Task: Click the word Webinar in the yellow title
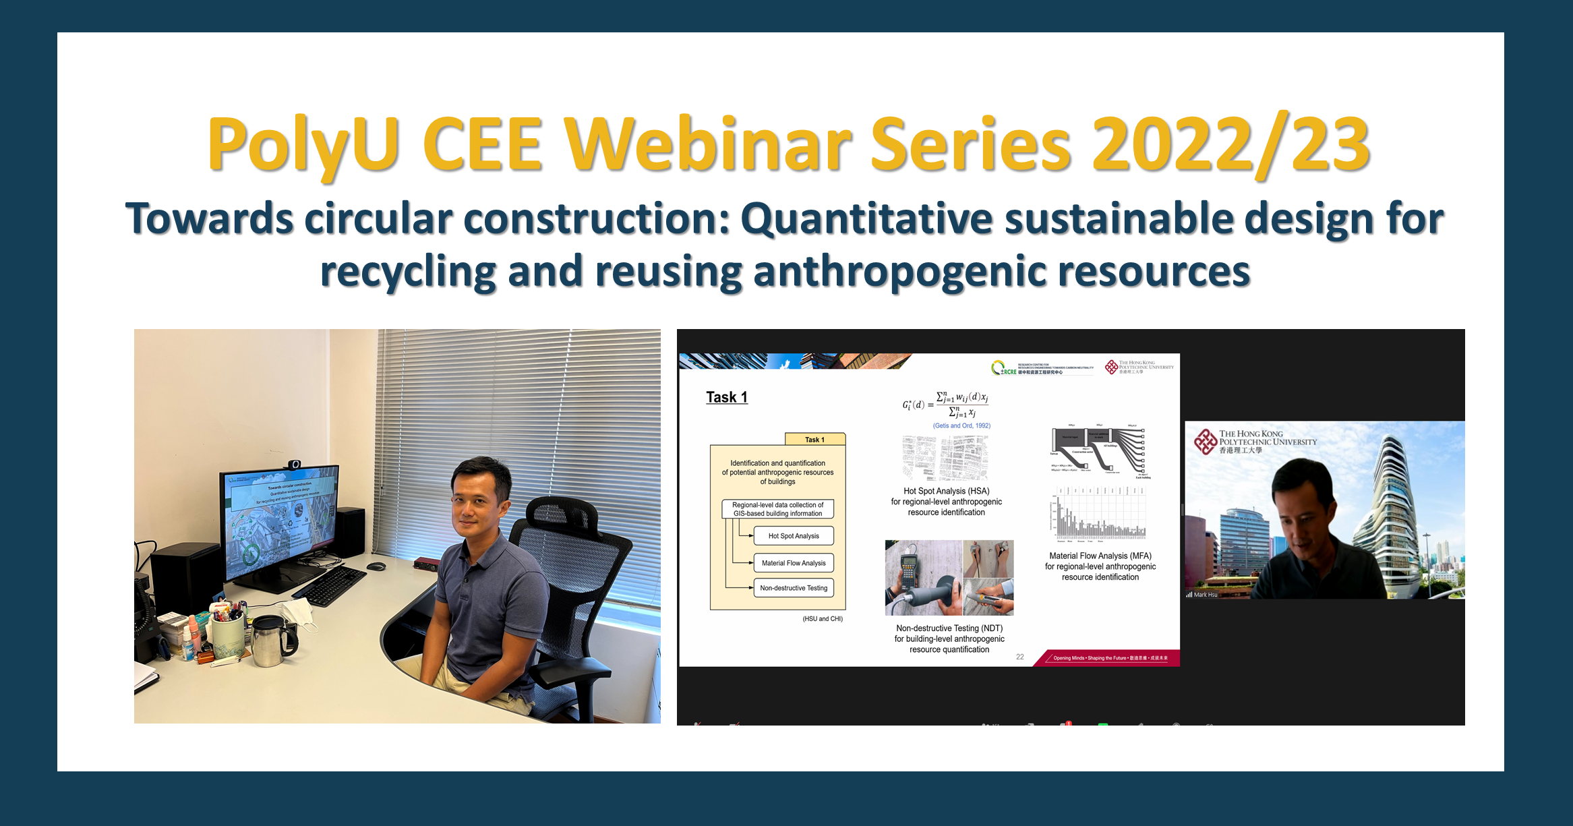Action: [708, 145]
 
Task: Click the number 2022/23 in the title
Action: [1230, 145]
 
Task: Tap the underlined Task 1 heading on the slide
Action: [726, 397]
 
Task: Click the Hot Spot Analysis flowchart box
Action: [794, 536]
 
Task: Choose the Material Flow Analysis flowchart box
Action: [794, 563]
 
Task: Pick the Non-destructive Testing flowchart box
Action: [794, 588]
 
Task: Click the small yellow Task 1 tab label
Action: [814, 440]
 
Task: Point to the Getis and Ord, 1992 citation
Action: [961, 425]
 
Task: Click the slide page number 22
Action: [1019, 657]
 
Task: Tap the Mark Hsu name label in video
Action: [1205, 595]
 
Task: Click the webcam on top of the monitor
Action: [294, 465]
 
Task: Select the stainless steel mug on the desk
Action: [270, 641]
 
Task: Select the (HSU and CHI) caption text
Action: [822, 618]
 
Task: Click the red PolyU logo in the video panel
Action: [1206, 442]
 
